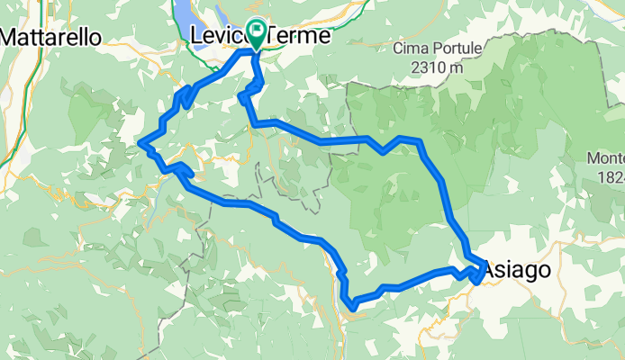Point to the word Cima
pos(408,49)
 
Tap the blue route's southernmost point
pos(354,309)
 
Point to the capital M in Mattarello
pos(12,37)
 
